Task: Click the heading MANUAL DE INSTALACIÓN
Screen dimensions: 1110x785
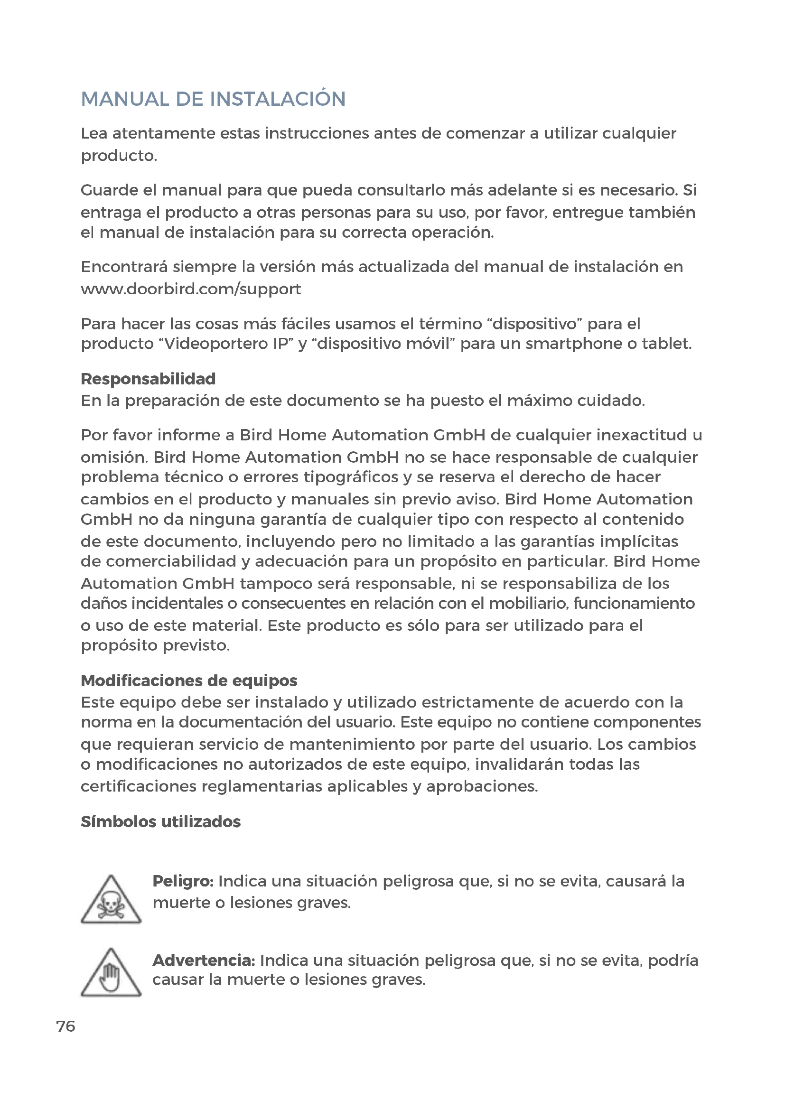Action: (x=213, y=99)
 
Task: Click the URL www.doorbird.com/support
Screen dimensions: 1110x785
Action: (x=190, y=289)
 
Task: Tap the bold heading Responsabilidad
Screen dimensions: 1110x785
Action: (x=148, y=379)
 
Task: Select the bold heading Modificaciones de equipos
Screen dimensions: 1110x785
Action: (x=189, y=680)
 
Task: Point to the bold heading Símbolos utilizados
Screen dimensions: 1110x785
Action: (x=160, y=821)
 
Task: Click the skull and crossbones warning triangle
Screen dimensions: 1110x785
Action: (x=111, y=901)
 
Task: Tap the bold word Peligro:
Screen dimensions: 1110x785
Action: (x=183, y=881)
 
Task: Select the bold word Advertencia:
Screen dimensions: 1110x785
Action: (x=204, y=960)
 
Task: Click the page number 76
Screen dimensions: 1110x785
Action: (x=66, y=1026)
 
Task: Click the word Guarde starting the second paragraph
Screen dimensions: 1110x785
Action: (x=109, y=190)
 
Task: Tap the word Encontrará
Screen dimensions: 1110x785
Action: (x=124, y=267)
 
